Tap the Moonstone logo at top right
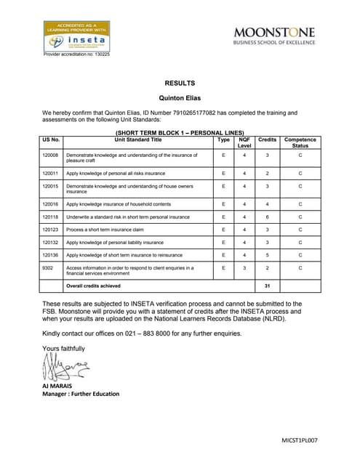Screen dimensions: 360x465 (273, 36)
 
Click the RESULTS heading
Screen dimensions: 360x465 (180, 84)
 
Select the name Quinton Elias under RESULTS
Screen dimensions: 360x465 (180, 98)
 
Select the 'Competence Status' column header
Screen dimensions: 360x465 (300, 142)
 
